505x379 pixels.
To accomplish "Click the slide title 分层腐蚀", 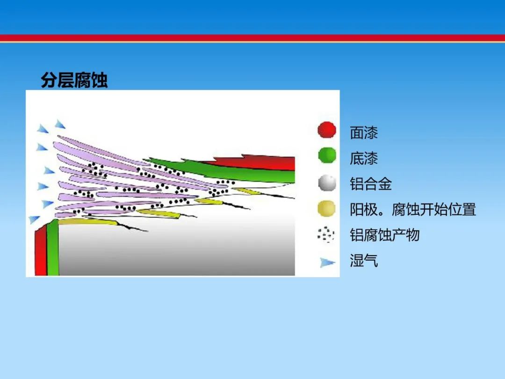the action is click(74, 80).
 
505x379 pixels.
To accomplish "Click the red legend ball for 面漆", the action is click(326, 130).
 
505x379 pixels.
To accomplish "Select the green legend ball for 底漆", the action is click(327, 155).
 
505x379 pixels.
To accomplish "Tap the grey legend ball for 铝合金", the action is click(327, 183).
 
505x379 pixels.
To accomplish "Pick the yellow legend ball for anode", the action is click(326, 209).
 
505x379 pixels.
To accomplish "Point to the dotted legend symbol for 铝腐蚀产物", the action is click(325, 234).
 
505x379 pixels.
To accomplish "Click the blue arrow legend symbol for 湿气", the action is click(327, 262).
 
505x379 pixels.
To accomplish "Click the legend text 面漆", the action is click(364, 132).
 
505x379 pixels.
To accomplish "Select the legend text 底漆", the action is click(364, 158).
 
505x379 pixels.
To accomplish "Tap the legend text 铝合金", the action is click(371, 184).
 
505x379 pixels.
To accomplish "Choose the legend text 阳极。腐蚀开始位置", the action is click(413, 210).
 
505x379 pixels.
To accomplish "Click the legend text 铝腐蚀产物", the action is click(384, 235).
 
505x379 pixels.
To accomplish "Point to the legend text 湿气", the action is click(364, 261).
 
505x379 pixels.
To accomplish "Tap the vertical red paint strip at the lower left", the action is click(41, 251).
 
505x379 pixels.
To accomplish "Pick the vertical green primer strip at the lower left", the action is click(53, 248).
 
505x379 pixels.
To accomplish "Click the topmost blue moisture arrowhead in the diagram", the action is click(60, 124).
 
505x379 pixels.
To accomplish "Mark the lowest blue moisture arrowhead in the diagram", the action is click(34, 219).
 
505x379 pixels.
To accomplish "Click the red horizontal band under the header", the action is click(252, 38).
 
